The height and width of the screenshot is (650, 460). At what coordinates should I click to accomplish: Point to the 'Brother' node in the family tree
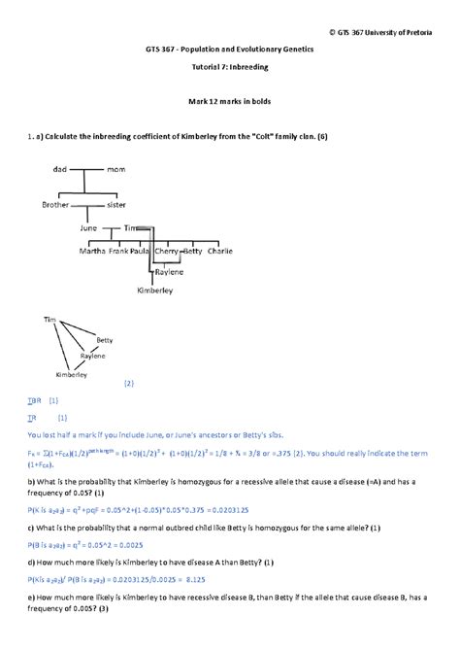tap(56, 205)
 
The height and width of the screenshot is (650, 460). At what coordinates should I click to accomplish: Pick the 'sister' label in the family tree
tap(116, 205)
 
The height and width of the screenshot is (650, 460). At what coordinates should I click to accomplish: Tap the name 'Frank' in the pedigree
tap(118, 251)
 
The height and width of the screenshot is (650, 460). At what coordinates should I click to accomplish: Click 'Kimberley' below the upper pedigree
tap(155, 290)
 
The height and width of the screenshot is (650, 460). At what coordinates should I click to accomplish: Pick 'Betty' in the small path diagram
tap(105, 341)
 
